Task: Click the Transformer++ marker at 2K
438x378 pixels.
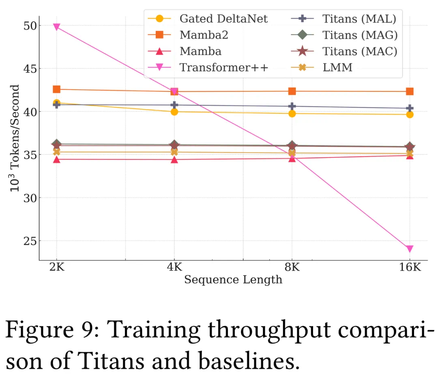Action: [x=56, y=27]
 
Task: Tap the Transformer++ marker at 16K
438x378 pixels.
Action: [x=410, y=248]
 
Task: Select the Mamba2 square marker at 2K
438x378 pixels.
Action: [x=56, y=89]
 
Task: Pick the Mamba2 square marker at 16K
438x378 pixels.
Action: [x=410, y=91]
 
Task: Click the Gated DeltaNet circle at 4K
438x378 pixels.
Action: [x=174, y=112]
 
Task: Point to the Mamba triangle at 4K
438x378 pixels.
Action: [x=174, y=159]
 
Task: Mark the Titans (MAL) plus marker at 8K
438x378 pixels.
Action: [x=292, y=106]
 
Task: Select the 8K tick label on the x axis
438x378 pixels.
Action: [x=292, y=268]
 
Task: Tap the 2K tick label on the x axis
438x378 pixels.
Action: [x=56, y=268]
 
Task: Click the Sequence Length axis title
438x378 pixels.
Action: [x=233, y=280]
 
